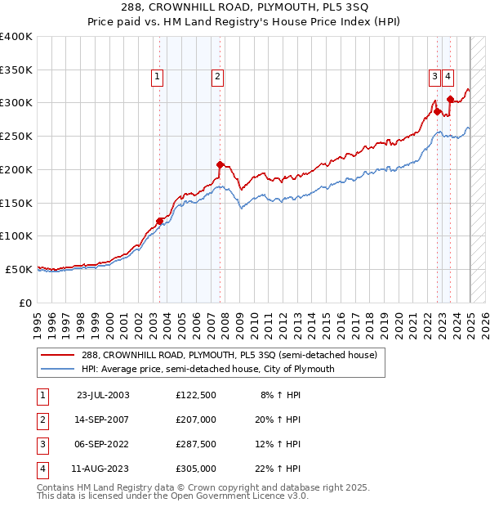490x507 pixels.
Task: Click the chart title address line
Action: pos(244,9)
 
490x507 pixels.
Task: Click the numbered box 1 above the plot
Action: pos(156,77)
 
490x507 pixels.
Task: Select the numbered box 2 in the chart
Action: pos(217,77)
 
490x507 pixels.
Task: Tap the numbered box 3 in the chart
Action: pos(435,77)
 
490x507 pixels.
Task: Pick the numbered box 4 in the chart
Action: pos(449,77)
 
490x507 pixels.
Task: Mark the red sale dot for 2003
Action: pos(160,220)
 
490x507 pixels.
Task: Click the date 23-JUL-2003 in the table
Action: pos(103,395)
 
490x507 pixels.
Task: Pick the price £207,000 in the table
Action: pos(196,420)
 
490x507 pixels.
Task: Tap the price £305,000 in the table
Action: pos(196,469)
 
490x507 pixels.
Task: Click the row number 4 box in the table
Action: pos(42,469)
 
